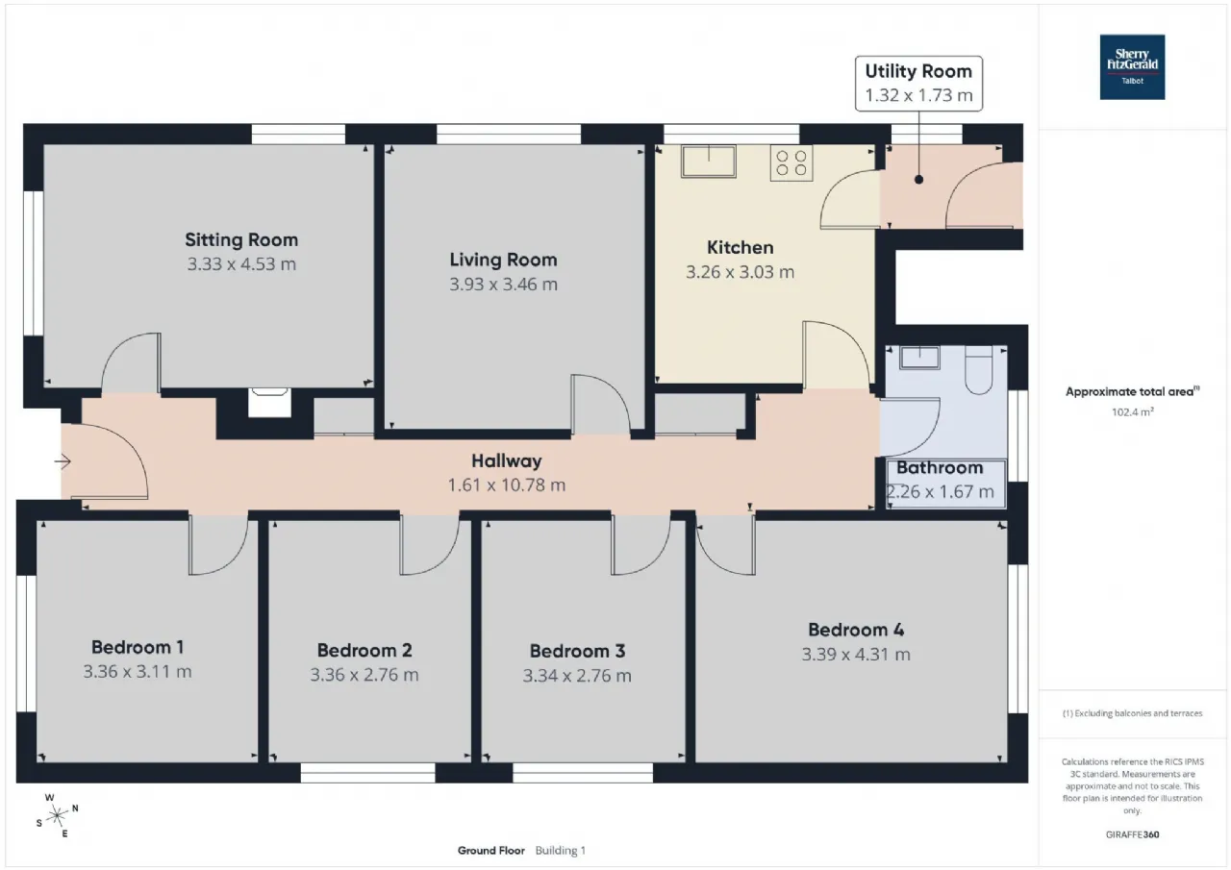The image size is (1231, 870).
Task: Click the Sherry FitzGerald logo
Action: (x=1132, y=67)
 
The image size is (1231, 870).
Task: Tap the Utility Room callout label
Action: (x=918, y=84)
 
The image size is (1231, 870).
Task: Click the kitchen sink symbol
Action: (x=709, y=161)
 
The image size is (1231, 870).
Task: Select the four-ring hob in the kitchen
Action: (x=791, y=163)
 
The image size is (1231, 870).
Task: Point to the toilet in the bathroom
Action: (x=979, y=370)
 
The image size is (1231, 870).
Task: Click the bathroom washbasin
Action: (x=919, y=358)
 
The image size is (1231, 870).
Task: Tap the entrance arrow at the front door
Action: (x=63, y=461)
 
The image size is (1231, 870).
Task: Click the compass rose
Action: (x=57, y=815)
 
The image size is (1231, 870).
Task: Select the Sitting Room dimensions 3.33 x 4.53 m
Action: (x=241, y=264)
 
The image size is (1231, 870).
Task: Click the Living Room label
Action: (x=503, y=260)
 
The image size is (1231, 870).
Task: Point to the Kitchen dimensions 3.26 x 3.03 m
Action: (x=740, y=272)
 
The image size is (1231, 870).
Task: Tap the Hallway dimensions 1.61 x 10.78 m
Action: (x=507, y=485)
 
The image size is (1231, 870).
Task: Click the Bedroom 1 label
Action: (x=138, y=647)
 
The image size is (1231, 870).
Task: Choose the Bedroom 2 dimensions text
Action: (x=364, y=675)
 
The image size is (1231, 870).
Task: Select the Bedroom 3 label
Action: (x=577, y=651)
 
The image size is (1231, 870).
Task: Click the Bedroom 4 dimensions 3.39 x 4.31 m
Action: (x=856, y=654)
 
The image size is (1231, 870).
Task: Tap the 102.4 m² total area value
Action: (x=1133, y=412)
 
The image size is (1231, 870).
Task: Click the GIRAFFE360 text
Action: (x=1133, y=834)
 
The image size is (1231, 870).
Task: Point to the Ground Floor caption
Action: (x=491, y=850)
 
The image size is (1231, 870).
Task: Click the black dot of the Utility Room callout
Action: (x=918, y=179)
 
